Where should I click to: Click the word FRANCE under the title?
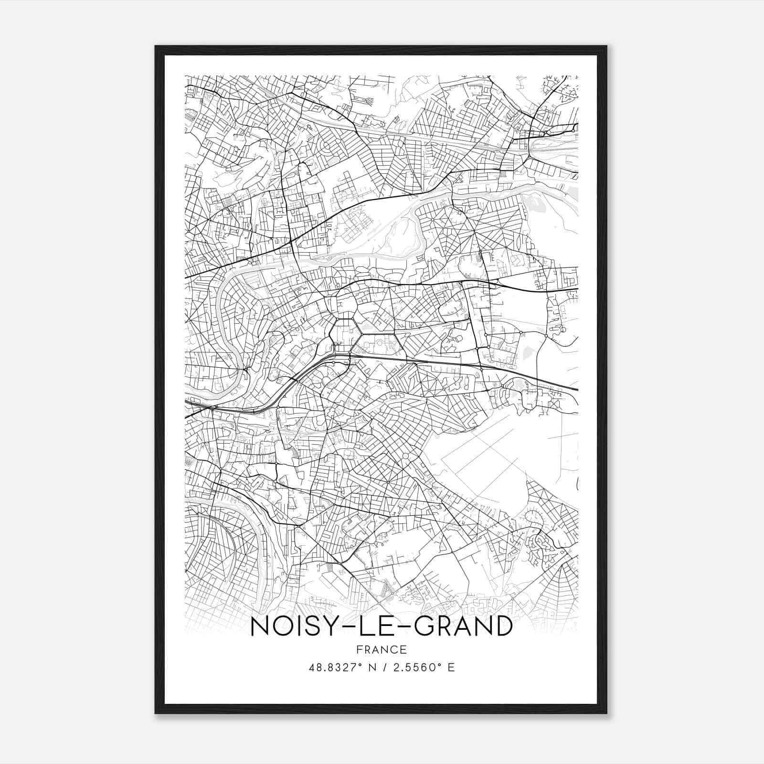pos(382,649)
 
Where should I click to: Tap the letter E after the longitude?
pos(451,667)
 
